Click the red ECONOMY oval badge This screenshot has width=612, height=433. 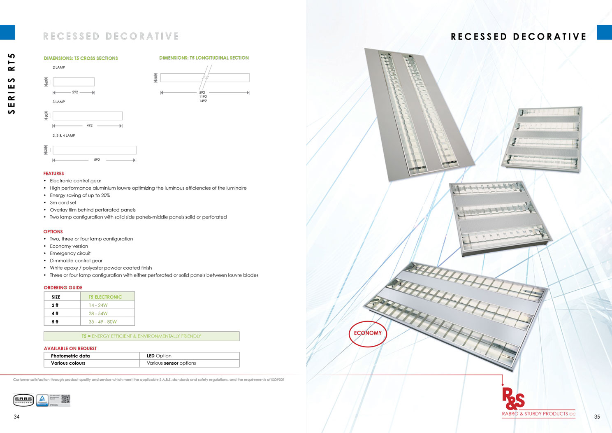(368, 333)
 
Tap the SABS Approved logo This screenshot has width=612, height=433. (23, 400)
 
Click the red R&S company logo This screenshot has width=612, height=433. (513, 398)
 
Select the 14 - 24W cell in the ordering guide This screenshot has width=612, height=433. (98, 305)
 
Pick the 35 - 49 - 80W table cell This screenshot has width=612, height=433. (103, 322)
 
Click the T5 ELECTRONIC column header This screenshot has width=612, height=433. (105, 297)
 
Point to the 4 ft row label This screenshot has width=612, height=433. (55, 314)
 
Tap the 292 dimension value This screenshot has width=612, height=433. (75, 92)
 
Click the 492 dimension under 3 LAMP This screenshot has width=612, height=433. (90, 126)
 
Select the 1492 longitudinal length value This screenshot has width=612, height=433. (203, 101)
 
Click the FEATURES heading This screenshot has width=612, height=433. (54, 174)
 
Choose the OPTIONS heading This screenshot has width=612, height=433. (53, 232)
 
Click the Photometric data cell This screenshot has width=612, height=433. (70, 356)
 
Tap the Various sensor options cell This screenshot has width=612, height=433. (172, 363)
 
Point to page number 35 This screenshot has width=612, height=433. (597, 417)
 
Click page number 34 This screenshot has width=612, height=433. (16, 417)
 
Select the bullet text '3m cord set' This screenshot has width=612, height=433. (63, 203)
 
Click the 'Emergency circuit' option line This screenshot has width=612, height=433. (70, 254)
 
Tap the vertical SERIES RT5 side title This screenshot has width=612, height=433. (12, 84)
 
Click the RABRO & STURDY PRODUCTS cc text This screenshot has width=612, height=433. (538, 414)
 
